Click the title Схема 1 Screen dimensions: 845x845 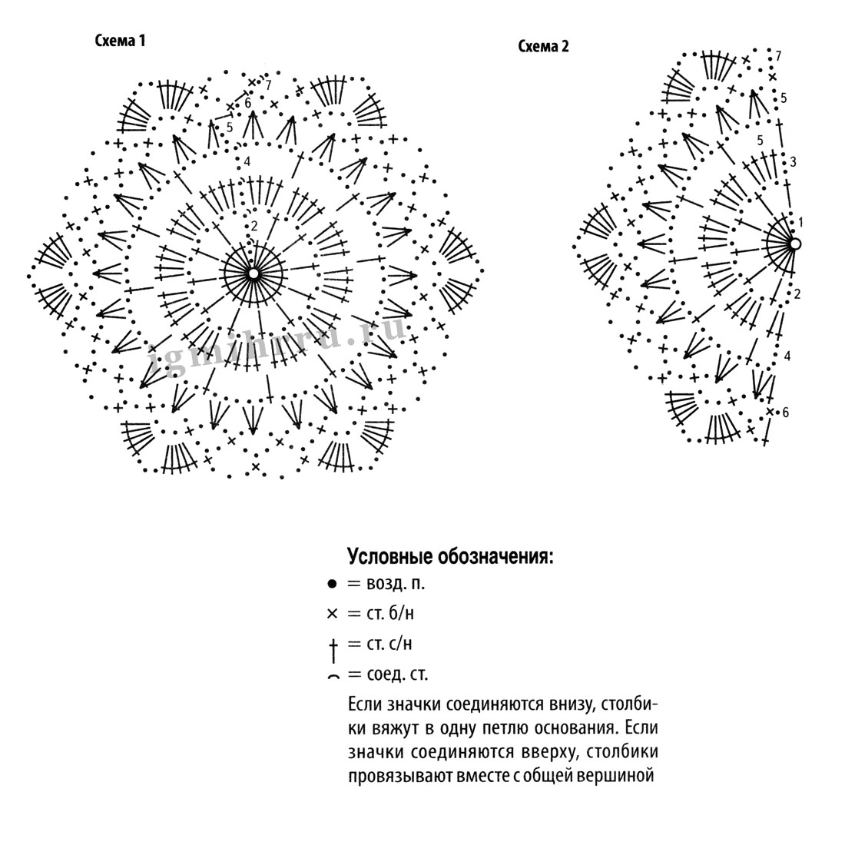point(120,41)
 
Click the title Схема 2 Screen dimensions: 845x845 point(543,46)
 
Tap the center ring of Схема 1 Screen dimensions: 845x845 point(253,273)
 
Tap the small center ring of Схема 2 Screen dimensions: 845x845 point(794,244)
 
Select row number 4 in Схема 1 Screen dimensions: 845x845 point(247,161)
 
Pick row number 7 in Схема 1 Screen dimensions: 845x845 point(268,84)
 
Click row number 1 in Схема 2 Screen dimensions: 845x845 point(800,222)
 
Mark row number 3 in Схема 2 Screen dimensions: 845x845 point(793,161)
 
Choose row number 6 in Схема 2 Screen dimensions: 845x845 point(786,413)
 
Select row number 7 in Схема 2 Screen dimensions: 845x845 point(778,55)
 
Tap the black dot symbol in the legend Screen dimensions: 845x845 point(332,584)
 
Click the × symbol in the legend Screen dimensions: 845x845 point(332,613)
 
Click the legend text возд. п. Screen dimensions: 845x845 point(396,584)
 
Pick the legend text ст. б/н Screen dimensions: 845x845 point(390,613)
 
